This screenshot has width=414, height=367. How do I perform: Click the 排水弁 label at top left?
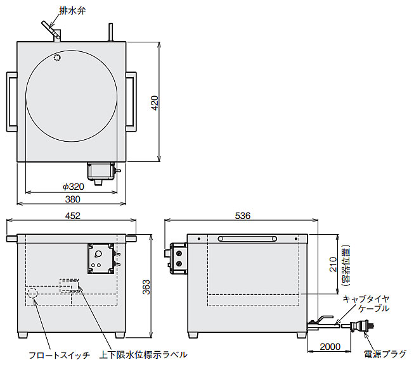(x=72, y=11)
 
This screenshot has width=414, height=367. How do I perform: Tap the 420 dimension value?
(x=155, y=103)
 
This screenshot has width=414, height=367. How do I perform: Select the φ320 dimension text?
(x=74, y=187)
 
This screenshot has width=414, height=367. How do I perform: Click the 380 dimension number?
(x=73, y=199)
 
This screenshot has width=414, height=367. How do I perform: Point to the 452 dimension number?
(x=73, y=216)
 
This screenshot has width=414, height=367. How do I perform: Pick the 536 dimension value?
(x=242, y=216)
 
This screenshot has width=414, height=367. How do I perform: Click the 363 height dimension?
(x=146, y=287)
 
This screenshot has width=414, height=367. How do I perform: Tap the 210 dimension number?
(x=333, y=264)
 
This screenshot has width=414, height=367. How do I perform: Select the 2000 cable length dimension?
(x=330, y=347)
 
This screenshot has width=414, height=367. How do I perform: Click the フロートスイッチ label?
(x=59, y=355)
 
